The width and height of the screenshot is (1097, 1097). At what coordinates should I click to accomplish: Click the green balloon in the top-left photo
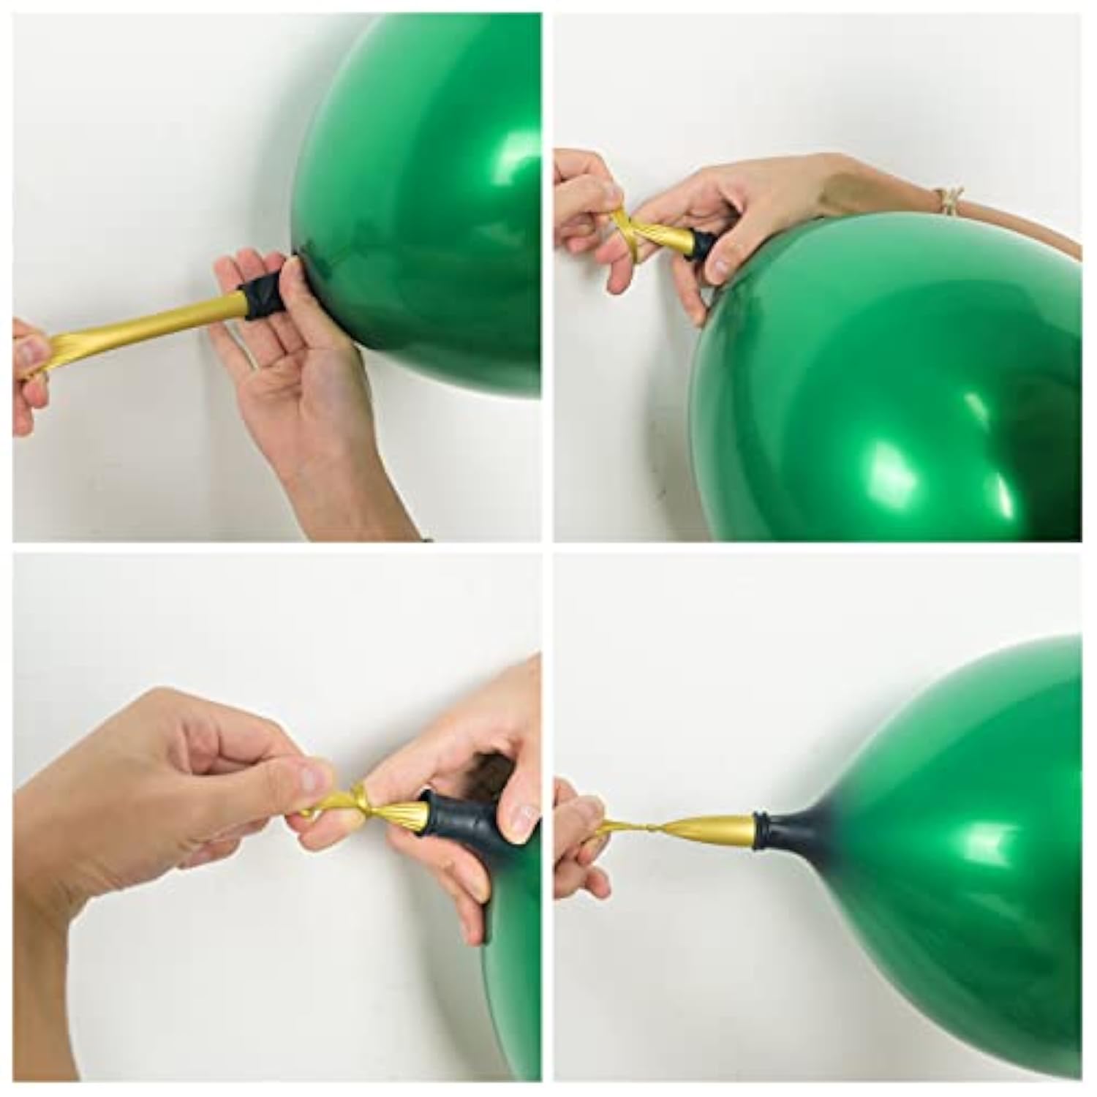click(431, 190)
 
